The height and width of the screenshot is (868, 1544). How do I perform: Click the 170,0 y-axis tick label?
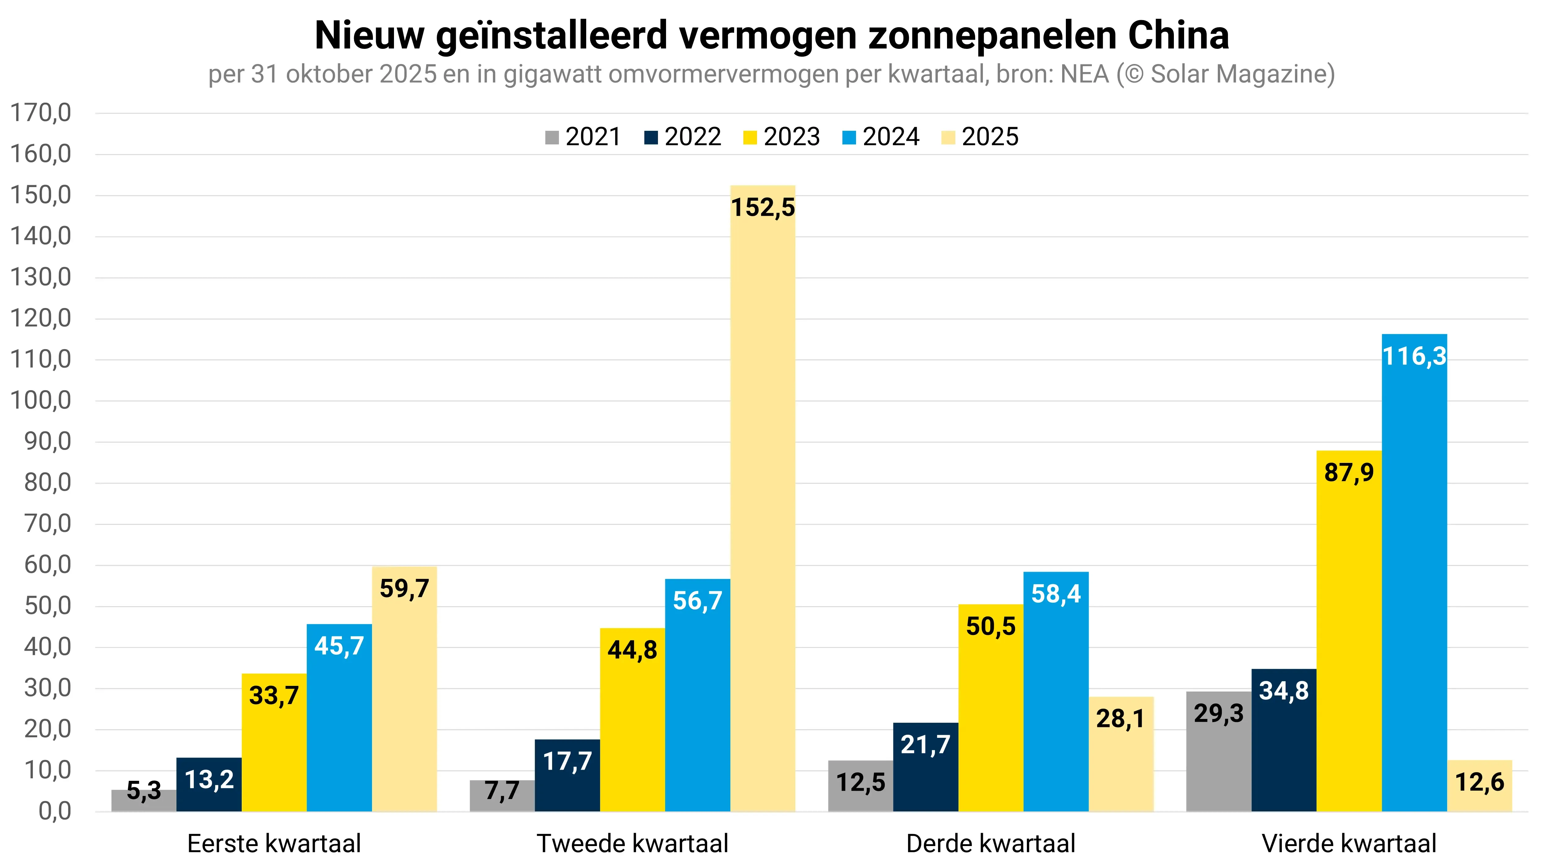click(41, 113)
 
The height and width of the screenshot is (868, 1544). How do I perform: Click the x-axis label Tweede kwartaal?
click(632, 844)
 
